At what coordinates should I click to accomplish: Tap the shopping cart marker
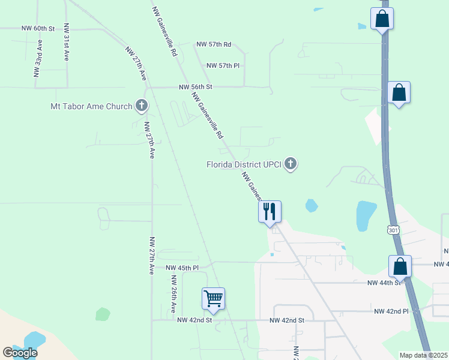(x=214, y=298)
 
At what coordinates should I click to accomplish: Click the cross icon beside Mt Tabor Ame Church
(x=142, y=106)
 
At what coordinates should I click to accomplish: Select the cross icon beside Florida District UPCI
(x=291, y=164)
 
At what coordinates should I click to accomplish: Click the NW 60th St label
(x=38, y=28)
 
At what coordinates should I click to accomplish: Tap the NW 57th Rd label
(x=214, y=44)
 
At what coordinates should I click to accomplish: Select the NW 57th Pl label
(x=223, y=65)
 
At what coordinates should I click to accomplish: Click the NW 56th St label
(x=196, y=87)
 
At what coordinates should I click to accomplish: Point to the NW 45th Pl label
(x=182, y=268)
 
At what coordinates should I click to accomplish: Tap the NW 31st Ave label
(x=66, y=42)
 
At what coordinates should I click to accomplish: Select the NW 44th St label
(x=384, y=282)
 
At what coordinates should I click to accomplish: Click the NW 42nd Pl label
(x=391, y=311)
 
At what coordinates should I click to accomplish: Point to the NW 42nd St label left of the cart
(x=194, y=320)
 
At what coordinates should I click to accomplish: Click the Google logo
(x=20, y=353)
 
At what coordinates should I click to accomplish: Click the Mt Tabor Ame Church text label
(x=91, y=107)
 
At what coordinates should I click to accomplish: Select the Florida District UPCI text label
(x=244, y=164)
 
